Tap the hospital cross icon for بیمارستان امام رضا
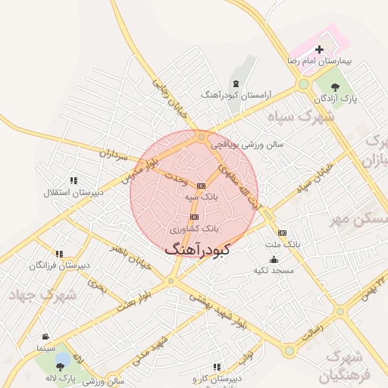tap(319, 49)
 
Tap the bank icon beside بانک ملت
tap(282, 233)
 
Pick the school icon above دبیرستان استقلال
tap(74, 180)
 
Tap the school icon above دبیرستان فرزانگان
tap(60, 253)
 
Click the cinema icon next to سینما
tap(46, 336)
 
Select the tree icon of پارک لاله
tap(60, 367)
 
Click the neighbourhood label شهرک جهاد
tap(33, 294)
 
